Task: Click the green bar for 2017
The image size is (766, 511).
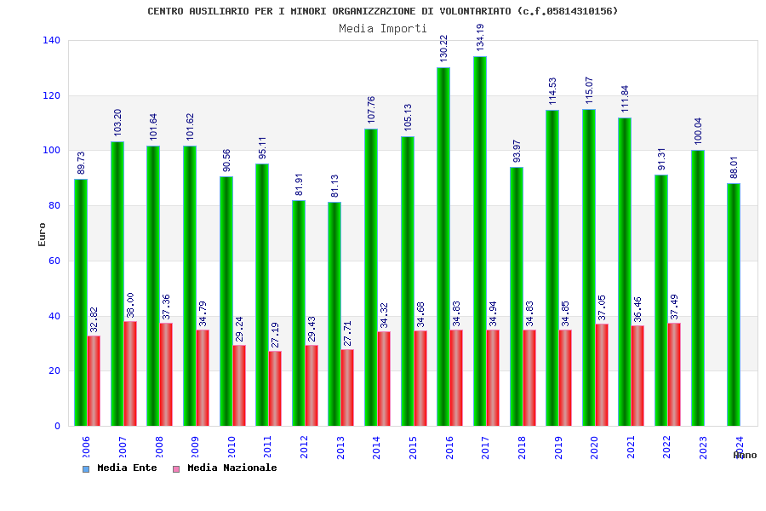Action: (x=480, y=241)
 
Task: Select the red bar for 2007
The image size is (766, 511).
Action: (x=130, y=373)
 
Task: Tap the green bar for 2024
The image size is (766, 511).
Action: (x=734, y=304)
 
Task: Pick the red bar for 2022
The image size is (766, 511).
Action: (x=674, y=374)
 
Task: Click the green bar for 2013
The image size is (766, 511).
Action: (x=334, y=313)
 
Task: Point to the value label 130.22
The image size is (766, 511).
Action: (x=443, y=49)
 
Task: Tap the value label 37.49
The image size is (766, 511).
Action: (x=674, y=304)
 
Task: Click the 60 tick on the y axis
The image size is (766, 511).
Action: (x=54, y=261)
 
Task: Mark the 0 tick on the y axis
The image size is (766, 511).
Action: (x=57, y=426)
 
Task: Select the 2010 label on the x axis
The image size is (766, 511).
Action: (x=231, y=447)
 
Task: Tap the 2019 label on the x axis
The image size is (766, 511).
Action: (x=557, y=447)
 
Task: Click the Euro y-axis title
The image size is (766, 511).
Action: (x=43, y=234)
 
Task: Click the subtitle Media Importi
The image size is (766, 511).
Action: (x=383, y=28)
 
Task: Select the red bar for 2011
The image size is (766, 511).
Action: (x=275, y=388)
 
